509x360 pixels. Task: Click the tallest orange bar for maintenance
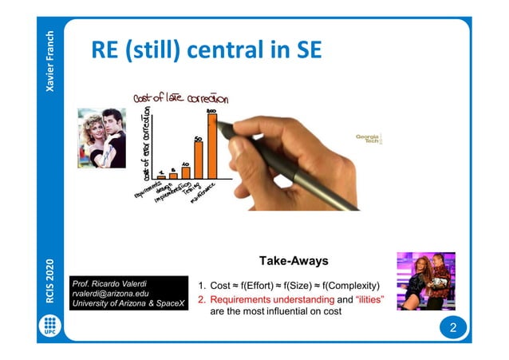(211, 146)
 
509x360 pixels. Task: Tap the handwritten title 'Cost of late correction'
(182, 99)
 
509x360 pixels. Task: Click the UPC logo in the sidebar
(50, 327)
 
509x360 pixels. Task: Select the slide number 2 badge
(452, 328)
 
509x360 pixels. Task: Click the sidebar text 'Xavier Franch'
(50, 61)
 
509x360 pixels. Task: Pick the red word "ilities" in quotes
(365, 299)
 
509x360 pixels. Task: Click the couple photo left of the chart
(101, 138)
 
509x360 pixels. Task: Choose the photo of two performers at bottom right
(426, 281)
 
